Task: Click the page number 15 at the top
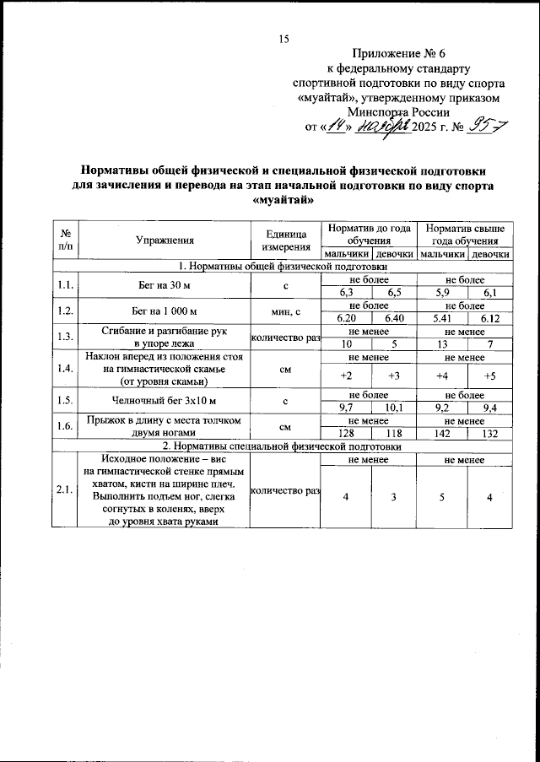click(x=283, y=37)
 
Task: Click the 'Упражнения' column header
click(x=165, y=240)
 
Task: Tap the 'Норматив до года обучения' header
click(x=369, y=235)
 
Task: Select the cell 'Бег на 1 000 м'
click(x=165, y=311)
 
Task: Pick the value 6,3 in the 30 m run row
click(x=345, y=292)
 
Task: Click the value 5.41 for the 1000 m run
click(x=441, y=318)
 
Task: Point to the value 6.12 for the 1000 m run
click(x=489, y=318)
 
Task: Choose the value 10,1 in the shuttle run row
click(x=392, y=408)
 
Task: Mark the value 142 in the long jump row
click(x=441, y=434)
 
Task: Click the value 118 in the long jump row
click(x=392, y=434)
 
